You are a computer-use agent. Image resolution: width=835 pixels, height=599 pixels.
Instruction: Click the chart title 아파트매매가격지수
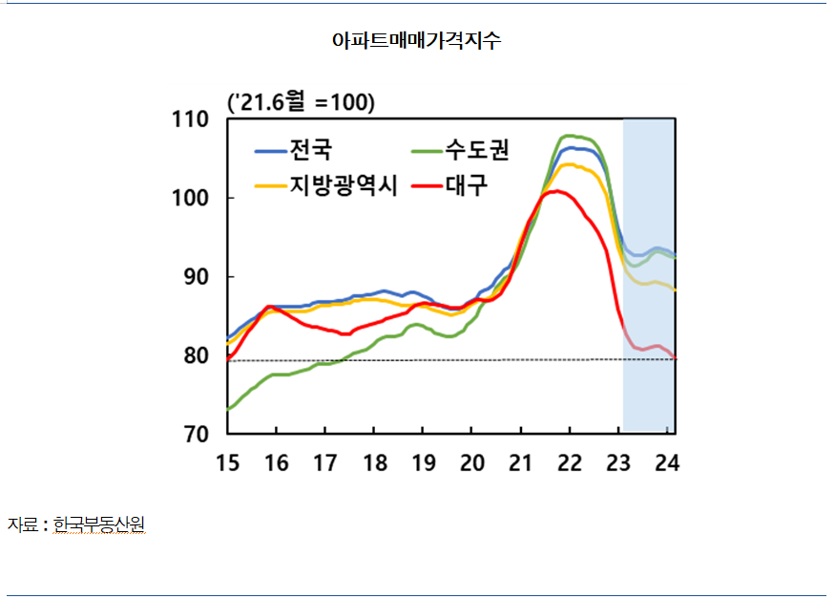pyautogui.click(x=417, y=41)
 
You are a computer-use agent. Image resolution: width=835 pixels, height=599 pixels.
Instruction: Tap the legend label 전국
pyautogui.click(x=310, y=150)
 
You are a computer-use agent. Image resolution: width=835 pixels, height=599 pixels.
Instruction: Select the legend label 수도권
pyautogui.click(x=477, y=150)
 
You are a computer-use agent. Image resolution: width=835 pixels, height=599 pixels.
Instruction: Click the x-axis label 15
pyautogui.click(x=227, y=462)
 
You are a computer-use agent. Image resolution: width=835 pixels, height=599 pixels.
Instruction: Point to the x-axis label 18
pyautogui.click(x=375, y=462)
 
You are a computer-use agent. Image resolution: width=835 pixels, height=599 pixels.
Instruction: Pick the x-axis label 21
pyautogui.click(x=521, y=462)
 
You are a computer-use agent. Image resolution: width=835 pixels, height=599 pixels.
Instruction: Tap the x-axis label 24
pyautogui.click(x=667, y=462)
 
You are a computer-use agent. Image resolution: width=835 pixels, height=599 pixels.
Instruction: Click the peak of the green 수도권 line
pyautogui.click(x=569, y=136)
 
